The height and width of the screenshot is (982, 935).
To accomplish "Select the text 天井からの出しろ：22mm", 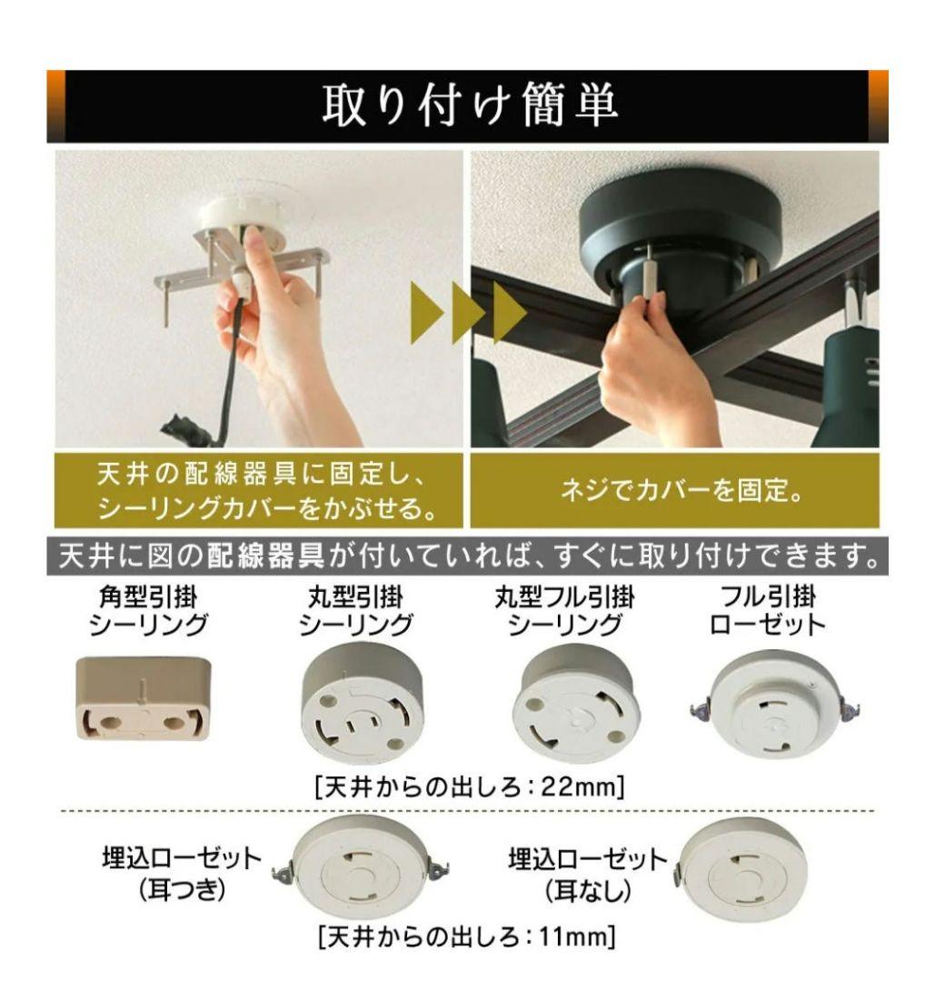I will click(x=469, y=786).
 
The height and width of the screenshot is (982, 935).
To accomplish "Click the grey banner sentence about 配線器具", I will click(x=467, y=556).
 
